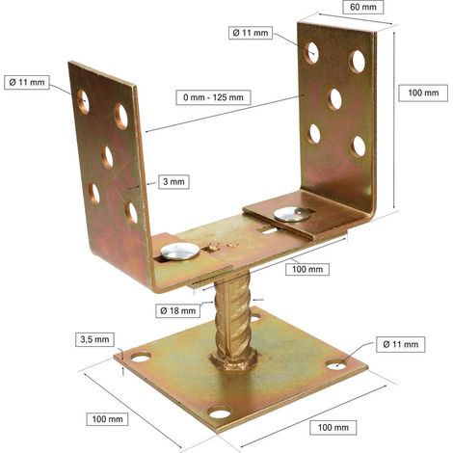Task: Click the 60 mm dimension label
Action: [363, 7]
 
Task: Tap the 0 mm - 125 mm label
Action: [213, 97]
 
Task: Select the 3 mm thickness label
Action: [173, 181]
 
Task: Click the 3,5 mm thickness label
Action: [94, 339]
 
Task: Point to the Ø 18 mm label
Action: [177, 310]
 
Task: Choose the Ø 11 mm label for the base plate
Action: [401, 344]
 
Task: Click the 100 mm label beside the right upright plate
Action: [423, 93]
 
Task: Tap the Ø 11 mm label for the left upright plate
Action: [27, 82]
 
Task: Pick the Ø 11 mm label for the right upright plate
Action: [251, 33]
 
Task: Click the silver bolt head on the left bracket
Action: [180, 251]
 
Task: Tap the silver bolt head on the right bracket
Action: [292, 214]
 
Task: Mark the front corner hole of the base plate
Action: [220, 413]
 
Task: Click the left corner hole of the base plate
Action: [141, 358]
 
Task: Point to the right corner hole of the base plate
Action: [336, 364]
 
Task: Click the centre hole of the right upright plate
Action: [334, 99]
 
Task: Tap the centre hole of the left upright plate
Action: [107, 157]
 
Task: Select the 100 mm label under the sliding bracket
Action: [307, 269]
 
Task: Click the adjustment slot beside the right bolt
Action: [269, 229]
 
